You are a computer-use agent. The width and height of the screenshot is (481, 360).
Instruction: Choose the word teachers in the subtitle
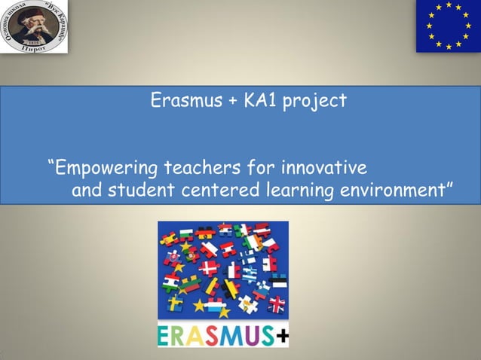[x=191, y=166]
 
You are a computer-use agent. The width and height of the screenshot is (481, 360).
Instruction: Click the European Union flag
[x=448, y=26]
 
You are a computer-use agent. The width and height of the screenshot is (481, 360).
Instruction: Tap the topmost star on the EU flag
[x=448, y=5]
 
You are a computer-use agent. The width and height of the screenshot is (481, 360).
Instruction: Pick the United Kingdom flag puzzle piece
[x=277, y=304]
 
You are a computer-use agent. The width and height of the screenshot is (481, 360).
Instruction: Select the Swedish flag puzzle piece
[x=174, y=303]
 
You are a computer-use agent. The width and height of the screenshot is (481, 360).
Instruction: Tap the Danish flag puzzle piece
[x=209, y=267]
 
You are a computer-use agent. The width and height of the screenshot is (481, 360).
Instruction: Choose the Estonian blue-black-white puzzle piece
[x=278, y=281]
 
